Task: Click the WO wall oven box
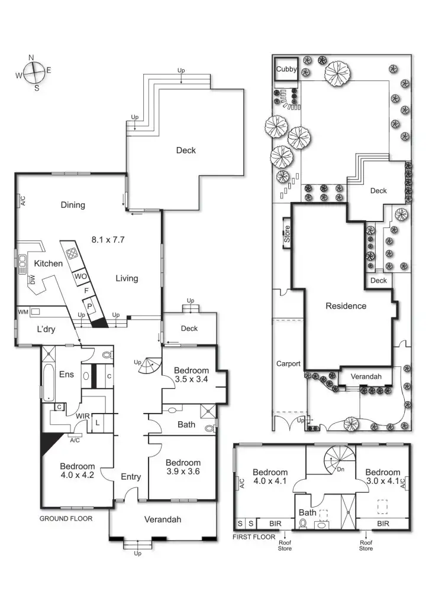pyautogui.click(x=81, y=277)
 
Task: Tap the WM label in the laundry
pyautogui.click(x=23, y=311)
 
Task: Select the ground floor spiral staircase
pyautogui.click(x=147, y=367)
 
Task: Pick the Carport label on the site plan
pyautogui.click(x=289, y=363)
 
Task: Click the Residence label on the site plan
pyautogui.click(x=346, y=306)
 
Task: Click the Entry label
pyautogui.click(x=130, y=476)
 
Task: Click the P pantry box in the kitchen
pyautogui.click(x=90, y=305)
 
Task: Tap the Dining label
pyautogui.click(x=73, y=205)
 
